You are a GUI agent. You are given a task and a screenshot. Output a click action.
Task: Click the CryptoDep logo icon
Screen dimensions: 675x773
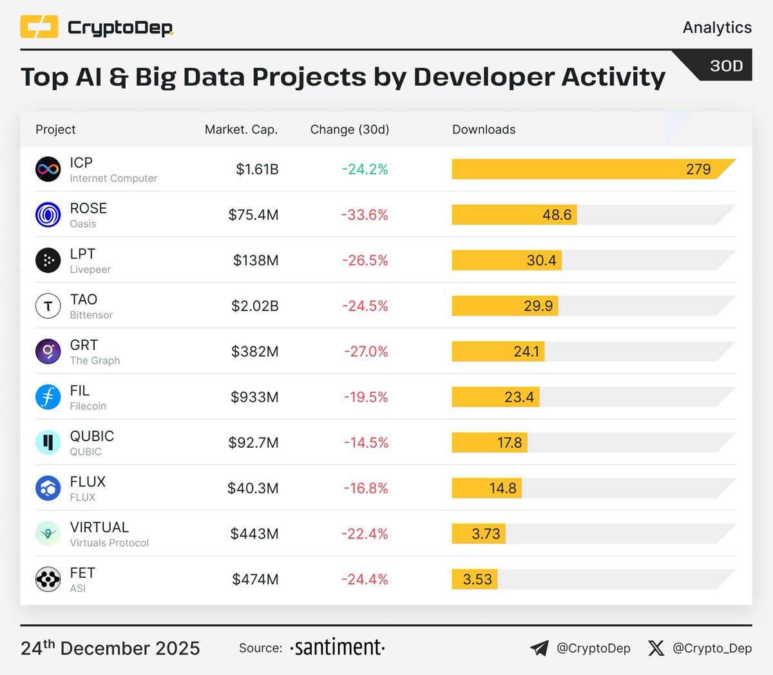pyautogui.click(x=39, y=27)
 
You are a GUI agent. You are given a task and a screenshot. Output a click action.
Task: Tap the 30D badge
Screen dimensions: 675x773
pyautogui.click(x=726, y=66)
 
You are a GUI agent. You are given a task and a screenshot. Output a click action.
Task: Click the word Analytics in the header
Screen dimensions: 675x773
pyautogui.click(x=717, y=27)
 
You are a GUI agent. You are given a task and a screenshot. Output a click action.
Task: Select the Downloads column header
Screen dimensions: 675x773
pyautogui.click(x=484, y=129)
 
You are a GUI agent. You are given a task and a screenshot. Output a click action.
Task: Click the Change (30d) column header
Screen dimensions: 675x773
pyautogui.click(x=350, y=129)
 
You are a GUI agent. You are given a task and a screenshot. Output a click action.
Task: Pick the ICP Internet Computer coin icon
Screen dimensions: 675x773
pyautogui.click(x=48, y=169)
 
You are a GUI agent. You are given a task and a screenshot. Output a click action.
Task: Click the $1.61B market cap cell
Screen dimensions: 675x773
pyautogui.click(x=257, y=169)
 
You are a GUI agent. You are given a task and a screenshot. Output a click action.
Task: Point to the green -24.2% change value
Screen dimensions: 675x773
pyautogui.click(x=365, y=169)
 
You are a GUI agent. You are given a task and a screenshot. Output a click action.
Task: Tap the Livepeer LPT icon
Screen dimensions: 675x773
pyautogui.click(x=48, y=260)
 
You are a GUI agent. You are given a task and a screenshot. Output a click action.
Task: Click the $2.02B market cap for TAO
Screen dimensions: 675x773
pyautogui.click(x=255, y=306)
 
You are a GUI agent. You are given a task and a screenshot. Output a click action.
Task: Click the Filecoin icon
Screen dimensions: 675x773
pyautogui.click(x=48, y=397)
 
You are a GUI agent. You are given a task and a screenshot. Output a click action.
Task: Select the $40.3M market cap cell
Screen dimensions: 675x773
pyautogui.click(x=253, y=488)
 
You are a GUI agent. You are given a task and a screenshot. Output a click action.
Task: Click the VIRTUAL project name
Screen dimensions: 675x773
pyautogui.click(x=99, y=527)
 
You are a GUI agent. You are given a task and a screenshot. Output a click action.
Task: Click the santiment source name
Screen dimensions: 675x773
pyautogui.click(x=338, y=647)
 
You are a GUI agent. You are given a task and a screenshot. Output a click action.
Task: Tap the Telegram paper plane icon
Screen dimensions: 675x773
pyautogui.click(x=539, y=648)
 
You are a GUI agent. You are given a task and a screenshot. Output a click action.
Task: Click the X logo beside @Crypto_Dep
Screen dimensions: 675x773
pyautogui.click(x=656, y=648)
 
